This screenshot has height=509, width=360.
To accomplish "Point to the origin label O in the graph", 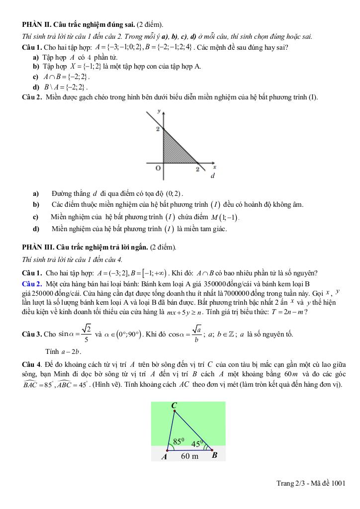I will [x=158, y=169].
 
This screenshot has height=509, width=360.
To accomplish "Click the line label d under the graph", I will [x=212, y=176].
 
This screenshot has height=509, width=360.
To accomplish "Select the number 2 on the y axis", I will [x=158, y=130].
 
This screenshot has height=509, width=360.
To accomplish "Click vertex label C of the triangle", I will [x=174, y=406].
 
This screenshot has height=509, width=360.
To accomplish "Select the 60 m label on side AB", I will [x=189, y=456].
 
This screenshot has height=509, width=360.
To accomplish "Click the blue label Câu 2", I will [x=32, y=283].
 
